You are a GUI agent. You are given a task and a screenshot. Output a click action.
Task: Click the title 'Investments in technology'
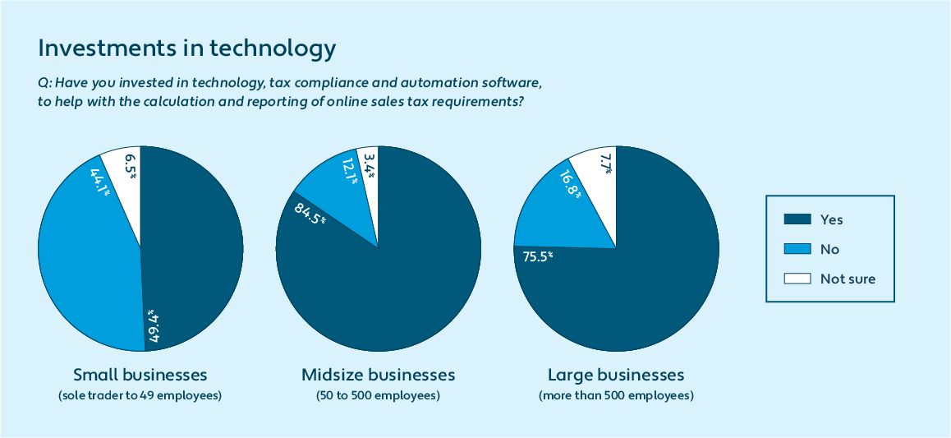coord(187,48)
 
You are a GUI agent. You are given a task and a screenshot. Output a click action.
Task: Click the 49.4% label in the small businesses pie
coord(154,325)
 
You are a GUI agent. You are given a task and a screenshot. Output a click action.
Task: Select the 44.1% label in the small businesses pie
coord(100,182)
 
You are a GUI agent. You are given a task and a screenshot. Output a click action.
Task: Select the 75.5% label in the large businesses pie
coord(538,256)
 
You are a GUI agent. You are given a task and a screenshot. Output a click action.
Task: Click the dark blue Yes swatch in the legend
coord(797,219)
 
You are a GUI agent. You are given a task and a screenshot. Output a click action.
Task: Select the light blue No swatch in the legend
coord(797,249)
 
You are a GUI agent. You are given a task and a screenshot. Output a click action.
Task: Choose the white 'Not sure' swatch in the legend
coord(797,279)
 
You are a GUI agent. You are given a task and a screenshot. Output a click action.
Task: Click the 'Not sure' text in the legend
coord(848,279)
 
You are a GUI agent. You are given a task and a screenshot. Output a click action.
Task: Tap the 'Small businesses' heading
coord(140,376)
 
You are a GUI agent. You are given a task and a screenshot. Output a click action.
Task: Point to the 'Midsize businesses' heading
coord(378,376)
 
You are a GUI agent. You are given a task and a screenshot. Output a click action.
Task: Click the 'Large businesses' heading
coord(616,376)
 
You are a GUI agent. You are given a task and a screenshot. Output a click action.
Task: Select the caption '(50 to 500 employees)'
coord(378,396)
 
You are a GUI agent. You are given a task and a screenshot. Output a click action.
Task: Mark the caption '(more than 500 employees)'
coord(616,396)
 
